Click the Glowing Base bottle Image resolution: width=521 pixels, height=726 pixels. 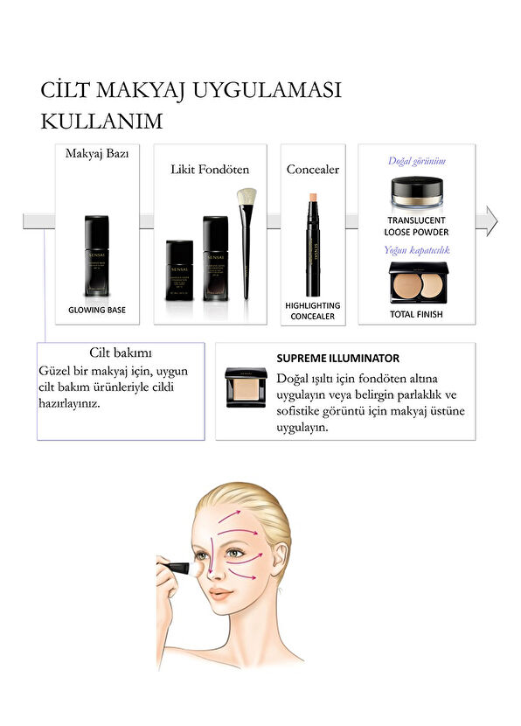point(96,255)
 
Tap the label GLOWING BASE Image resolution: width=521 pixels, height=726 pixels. point(97,310)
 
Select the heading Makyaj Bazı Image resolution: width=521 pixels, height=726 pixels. point(97,153)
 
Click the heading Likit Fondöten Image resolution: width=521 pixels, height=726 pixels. point(210,169)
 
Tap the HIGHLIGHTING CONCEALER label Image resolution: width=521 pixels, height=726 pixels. point(312,311)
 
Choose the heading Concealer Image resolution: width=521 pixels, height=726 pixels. point(312,169)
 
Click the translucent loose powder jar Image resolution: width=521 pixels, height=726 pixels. point(416,192)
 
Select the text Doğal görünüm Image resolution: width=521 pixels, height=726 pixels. point(416,161)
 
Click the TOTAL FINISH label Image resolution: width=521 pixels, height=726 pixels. point(417,314)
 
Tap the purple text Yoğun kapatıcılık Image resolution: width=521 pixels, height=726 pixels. point(417,250)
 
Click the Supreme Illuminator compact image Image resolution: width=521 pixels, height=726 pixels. point(246,386)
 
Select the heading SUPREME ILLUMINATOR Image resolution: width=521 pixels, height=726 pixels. point(337,358)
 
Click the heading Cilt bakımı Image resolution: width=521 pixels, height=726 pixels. point(121,353)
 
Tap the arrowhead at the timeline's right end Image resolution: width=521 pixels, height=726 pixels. point(491,221)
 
